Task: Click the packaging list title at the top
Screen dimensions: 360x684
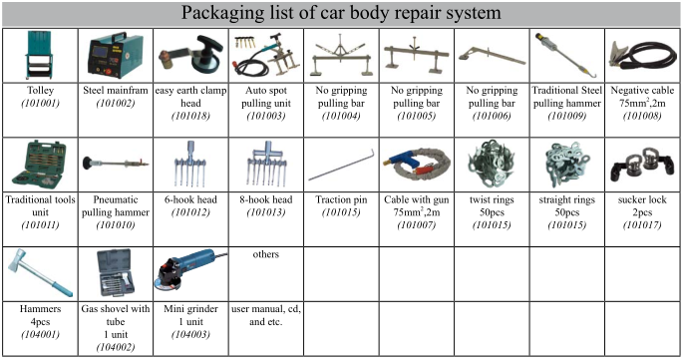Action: point(341,14)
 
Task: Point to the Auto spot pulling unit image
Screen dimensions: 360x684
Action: point(265,56)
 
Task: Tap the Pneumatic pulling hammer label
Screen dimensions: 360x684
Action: point(115,206)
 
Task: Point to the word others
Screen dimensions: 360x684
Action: point(265,255)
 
